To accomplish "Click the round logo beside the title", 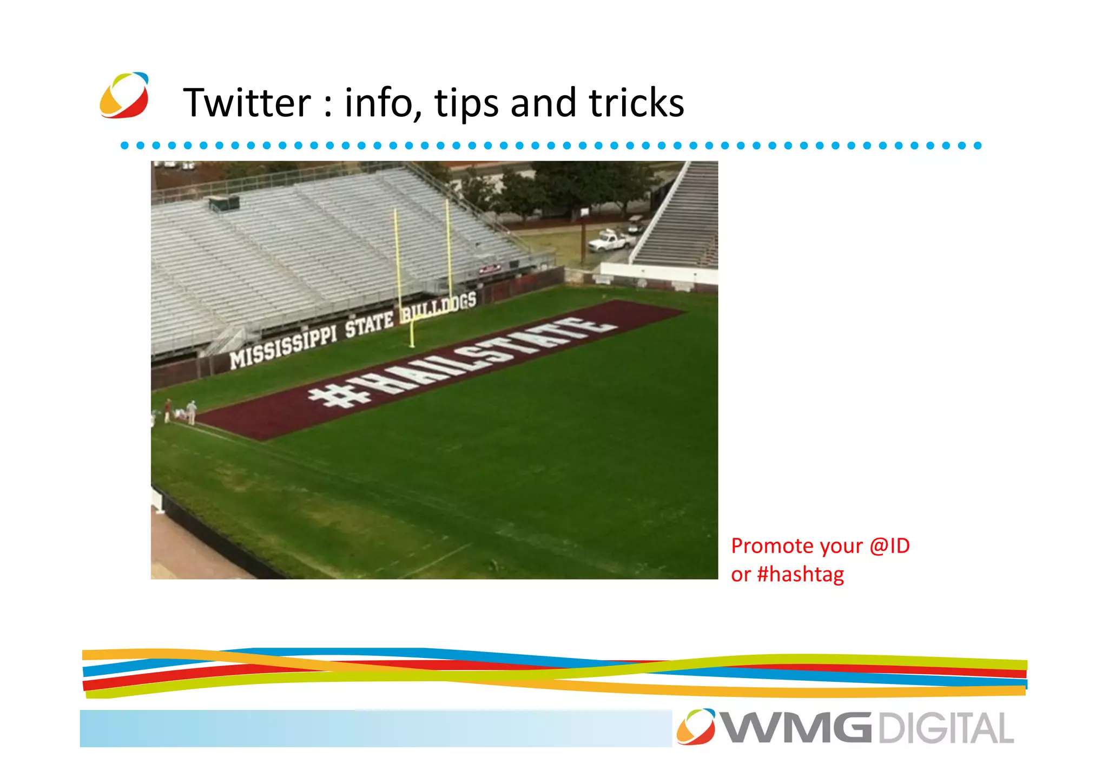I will point(124,95).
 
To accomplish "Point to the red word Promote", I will point(770,545).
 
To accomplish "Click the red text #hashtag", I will point(801,574).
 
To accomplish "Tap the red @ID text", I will point(889,545).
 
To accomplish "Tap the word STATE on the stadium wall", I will point(369,325).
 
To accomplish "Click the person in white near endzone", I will point(192,412).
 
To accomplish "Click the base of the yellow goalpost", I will point(412,344).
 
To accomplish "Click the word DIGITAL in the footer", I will point(945,728).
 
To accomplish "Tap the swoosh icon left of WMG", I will point(695,726).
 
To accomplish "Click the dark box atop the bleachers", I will point(225,203).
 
